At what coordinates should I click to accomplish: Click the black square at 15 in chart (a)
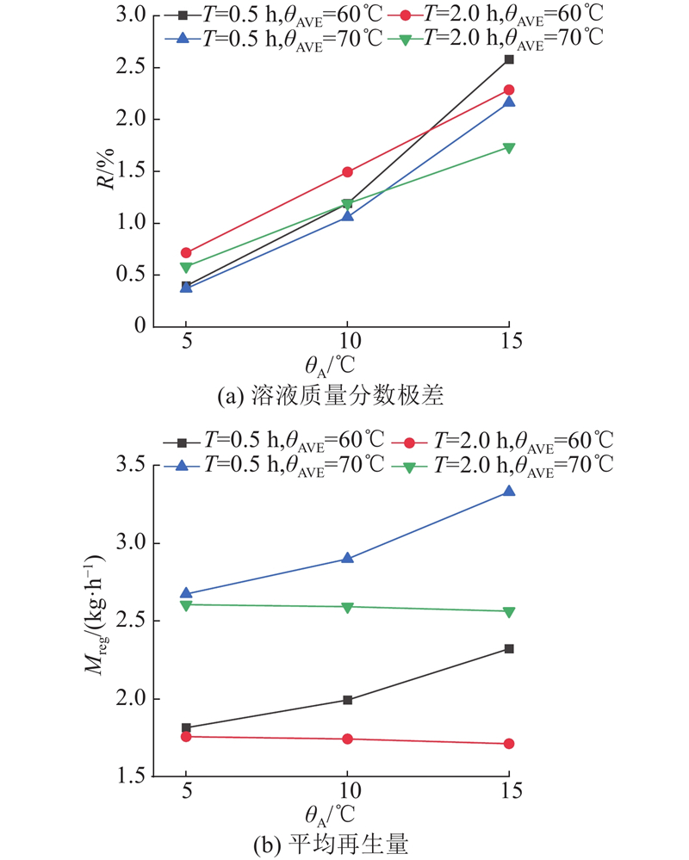click(509, 59)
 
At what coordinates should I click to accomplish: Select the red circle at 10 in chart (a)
click(347, 172)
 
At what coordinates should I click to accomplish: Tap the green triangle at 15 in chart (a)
click(509, 148)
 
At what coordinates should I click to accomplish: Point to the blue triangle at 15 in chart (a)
click(509, 102)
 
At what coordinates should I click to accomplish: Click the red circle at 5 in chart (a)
click(186, 253)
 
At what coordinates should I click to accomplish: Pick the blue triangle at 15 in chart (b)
click(509, 492)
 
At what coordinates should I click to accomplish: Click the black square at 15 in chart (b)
click(509, 648)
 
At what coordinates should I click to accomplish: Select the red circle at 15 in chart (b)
click(509, 744)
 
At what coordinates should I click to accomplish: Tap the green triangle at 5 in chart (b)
click(186, 605)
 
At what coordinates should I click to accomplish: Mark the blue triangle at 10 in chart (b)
click(347, 558)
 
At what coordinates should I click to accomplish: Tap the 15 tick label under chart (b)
click(509, 790)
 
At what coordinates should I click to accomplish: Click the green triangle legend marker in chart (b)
click(410, 465)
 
